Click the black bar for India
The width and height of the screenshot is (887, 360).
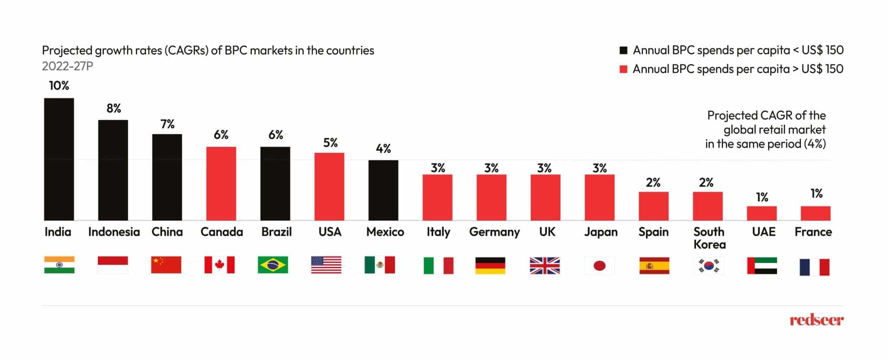(x=59, y=159)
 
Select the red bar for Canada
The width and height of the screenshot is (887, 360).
(x=221, y=183)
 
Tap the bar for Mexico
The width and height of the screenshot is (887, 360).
(x=383, y=190)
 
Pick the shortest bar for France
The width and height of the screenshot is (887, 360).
(x=816, y=213)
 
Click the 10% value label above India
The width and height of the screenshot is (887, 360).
(x=59, y=86)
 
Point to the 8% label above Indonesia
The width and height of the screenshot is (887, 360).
(x=113, y=108)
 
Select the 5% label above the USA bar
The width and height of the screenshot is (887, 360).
(x=330, y=143)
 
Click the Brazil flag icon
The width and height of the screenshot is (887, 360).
(x=273, y=265)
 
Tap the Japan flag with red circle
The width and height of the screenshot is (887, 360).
(x=599, y=266)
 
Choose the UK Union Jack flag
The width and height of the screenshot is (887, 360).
(x=545, y=266)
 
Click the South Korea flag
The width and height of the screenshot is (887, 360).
(x=709, y=266)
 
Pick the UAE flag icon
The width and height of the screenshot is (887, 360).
(x=762, y=266)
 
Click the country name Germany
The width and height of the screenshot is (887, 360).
(x=494, y=232)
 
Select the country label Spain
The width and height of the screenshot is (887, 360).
(x=653, y=232)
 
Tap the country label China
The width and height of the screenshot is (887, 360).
(x=167, y=232)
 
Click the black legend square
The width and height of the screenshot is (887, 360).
(x=624, y=50)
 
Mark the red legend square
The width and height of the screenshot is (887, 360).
(x=624, y=69)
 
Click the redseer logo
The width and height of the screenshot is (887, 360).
(x=816, y=320)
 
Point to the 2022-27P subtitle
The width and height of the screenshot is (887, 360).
(x=68, y=66)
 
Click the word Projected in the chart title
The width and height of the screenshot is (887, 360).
(x=67, y=51)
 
